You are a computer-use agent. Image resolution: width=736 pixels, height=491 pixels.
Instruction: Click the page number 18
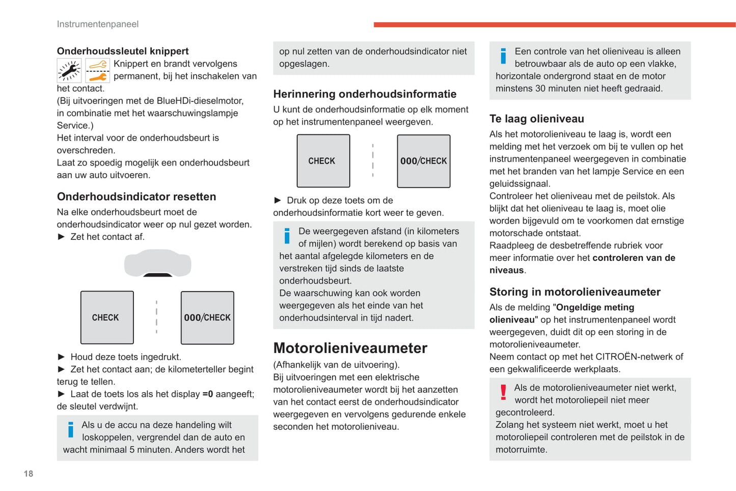coord(29,474)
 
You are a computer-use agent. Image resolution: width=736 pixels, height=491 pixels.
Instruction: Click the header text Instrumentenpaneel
coord(97,24)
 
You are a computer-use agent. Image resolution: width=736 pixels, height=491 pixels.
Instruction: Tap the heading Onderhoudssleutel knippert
coord(123,51)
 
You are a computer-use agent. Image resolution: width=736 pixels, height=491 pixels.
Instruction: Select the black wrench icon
coord(69,71)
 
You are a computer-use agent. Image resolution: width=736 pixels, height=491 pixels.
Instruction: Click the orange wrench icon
coord(98,71)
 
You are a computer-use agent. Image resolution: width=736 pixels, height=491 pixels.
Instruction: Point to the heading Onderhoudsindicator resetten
coord(137,197)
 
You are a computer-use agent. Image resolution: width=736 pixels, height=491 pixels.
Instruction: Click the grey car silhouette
coord(158,263)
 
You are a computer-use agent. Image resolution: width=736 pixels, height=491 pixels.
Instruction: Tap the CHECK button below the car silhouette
coord(107,318)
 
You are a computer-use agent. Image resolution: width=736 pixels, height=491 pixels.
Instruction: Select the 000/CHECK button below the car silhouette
coord(207,318)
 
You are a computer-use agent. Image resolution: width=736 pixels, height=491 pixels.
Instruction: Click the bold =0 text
coord(208,394)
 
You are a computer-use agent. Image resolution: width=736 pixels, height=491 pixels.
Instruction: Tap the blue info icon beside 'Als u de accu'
coord(71,430)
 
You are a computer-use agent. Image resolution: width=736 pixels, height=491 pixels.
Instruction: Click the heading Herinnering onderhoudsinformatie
coord(365,94)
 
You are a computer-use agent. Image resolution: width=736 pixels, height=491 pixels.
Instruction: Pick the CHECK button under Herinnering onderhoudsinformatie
coord(323,161)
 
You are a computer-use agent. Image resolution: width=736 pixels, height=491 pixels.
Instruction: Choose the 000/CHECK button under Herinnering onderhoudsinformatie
coord(424,161)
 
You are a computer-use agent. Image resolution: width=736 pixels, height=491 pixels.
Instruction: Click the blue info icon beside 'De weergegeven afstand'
coord(287,236)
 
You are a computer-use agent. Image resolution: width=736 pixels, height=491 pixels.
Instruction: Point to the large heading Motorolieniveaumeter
coord(350,348)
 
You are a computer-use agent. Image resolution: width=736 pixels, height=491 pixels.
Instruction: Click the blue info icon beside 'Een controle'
coord(503,56)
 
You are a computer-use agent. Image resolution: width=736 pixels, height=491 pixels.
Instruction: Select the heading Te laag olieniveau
coord(537,119)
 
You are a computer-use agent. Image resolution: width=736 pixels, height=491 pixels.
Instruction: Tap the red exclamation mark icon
coord(503,392)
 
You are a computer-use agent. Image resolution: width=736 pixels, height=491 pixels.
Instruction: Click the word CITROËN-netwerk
coord(627,357)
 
